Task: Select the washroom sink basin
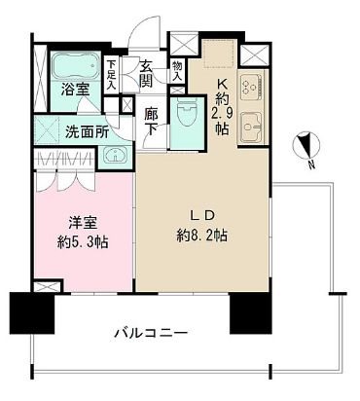[x=112, y=156]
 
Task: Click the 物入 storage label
[x=178, y=71]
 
